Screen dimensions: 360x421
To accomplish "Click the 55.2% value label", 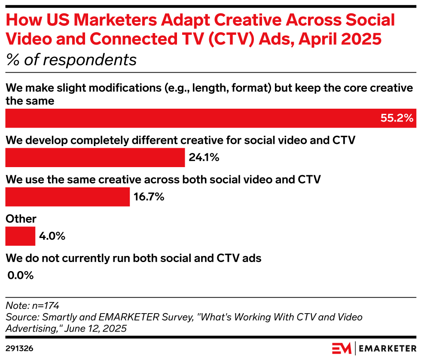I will tap(397, 118).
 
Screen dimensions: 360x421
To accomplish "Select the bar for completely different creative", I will tap(95, 158).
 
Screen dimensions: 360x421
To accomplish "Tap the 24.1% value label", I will tap(204, 158).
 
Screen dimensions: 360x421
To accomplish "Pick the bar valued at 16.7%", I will tap(67, 197).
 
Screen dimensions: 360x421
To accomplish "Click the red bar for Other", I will tap(20, 236).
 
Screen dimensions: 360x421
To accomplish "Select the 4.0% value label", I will tap(52, 236).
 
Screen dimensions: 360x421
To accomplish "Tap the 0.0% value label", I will tap(21, 275).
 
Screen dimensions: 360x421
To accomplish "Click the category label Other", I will tap(21, 219).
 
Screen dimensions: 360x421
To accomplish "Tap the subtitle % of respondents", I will tap(71, 60).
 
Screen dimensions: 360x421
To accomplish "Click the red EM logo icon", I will tap(342, 347).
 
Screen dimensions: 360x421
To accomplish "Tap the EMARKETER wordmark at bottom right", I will tap(386, 347).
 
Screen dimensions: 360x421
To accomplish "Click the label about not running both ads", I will tap(133, 258).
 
